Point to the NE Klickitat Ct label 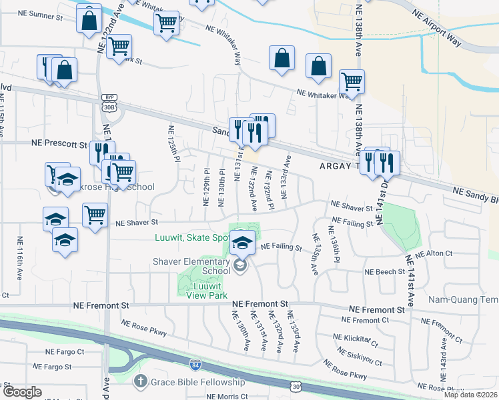(356, 341)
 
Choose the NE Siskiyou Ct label (360, 357)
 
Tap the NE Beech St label (385, 272)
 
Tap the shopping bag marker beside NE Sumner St (89, 19)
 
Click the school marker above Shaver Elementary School (241, 242)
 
